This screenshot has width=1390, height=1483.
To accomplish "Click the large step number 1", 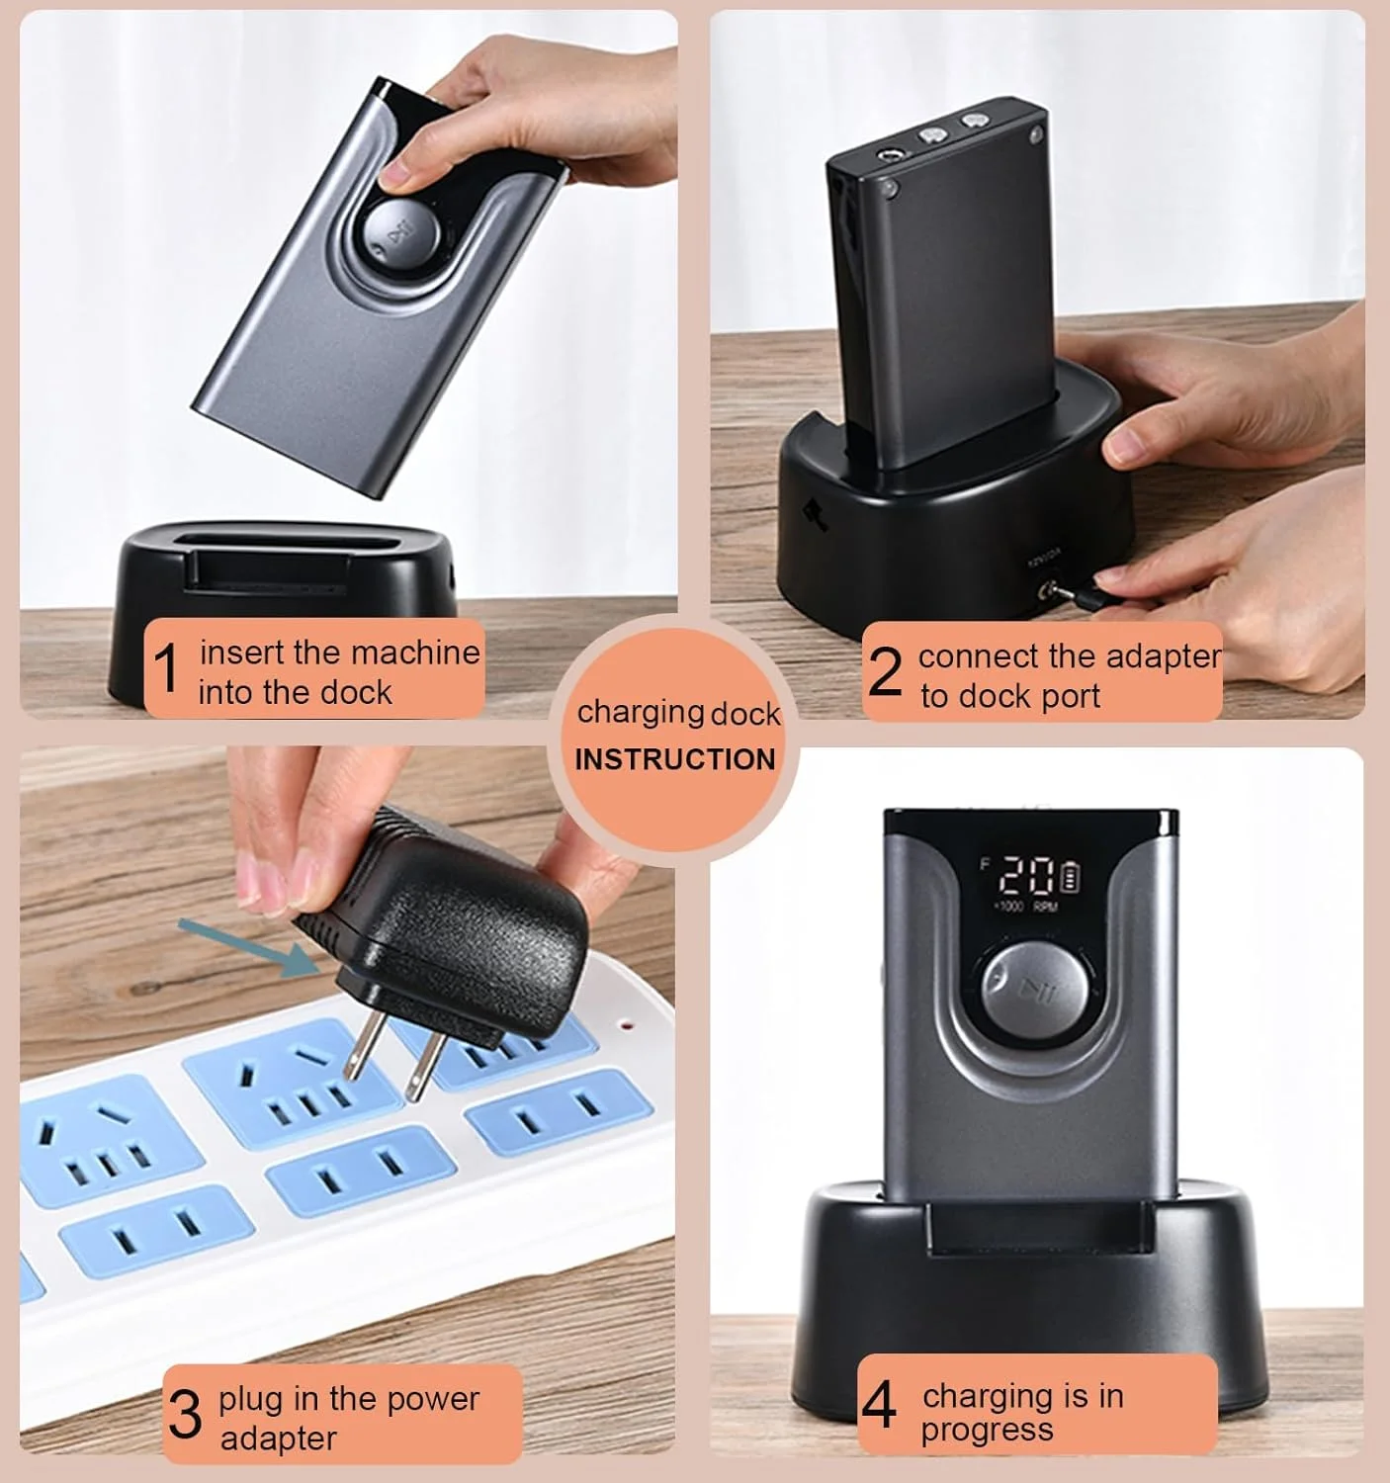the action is click(165, 668).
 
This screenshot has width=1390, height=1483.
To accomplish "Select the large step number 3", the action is click(185, 1415).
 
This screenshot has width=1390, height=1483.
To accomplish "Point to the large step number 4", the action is click(879, 1405).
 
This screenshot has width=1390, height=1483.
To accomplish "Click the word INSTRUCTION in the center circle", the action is click(675, 759).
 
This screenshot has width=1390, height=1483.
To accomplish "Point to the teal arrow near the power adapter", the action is click(247, 948).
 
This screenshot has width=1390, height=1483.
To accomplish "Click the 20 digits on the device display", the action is click(1028, 877).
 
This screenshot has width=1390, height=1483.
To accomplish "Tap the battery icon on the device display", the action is click(1070, 877).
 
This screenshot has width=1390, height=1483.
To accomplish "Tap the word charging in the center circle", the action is click(640, 713).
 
